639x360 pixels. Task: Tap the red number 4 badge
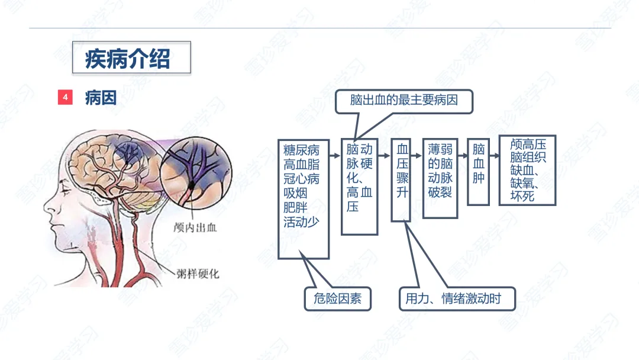[x=65, y=97]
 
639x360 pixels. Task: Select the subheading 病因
[x=101, y=97]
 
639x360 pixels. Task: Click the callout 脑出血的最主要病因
[x=404, y=101]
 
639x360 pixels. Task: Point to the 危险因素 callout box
[x=337, y=298]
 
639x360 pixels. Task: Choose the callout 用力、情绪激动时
[x=453, y=298]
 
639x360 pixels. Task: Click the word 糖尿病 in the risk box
[x=301, y=150]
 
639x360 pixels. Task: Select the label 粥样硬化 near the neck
[x=198, y=274]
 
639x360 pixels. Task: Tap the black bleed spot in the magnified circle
[x=192, y=187]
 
